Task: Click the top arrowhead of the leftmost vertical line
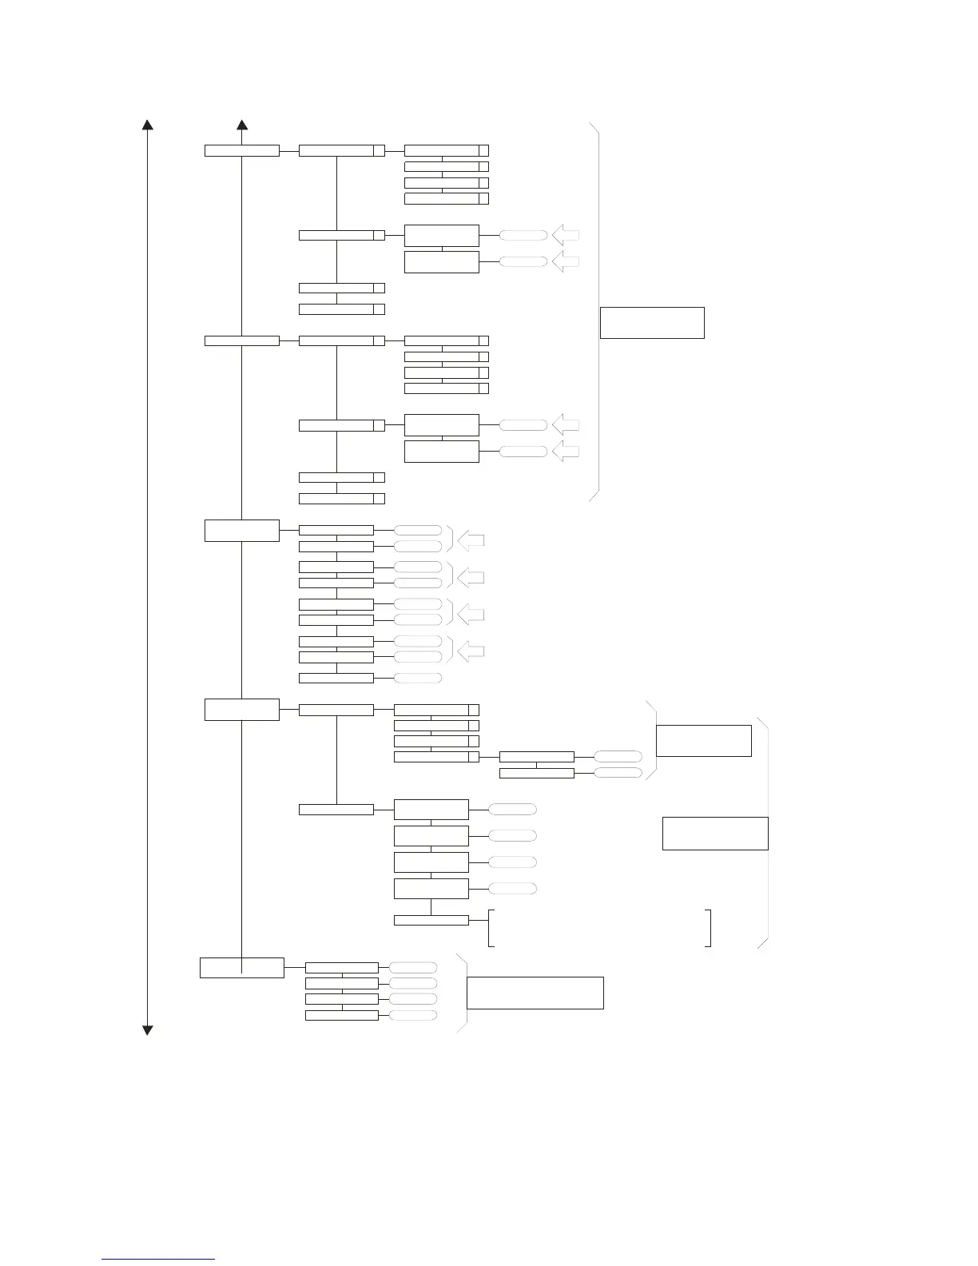tap(147, 125)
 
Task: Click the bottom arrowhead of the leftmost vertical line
tap(147, 1029)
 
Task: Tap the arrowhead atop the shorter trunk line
tap(242, 125)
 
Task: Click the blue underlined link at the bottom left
tap(158, 1259)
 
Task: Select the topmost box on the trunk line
tap(242, 150)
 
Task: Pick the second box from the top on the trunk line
tap(242, 340)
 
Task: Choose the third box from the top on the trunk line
tap(242, 530)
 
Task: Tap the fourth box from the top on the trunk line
tap(242, 709)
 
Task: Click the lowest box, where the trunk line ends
tap(241, 967)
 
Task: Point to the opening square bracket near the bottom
tap(491, 927)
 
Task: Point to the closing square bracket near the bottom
tap(708, 927)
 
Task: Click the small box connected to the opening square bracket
tap(431, 920)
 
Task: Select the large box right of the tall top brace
tap(652, 322)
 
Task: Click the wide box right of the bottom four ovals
tap(535, 993)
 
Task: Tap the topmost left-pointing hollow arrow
tap(565, 236)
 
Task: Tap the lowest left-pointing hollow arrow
tap(471, 652)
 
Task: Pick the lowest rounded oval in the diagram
tap(413, 1015)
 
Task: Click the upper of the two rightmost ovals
tap(618, 756)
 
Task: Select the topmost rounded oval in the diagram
tap(523, 236)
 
